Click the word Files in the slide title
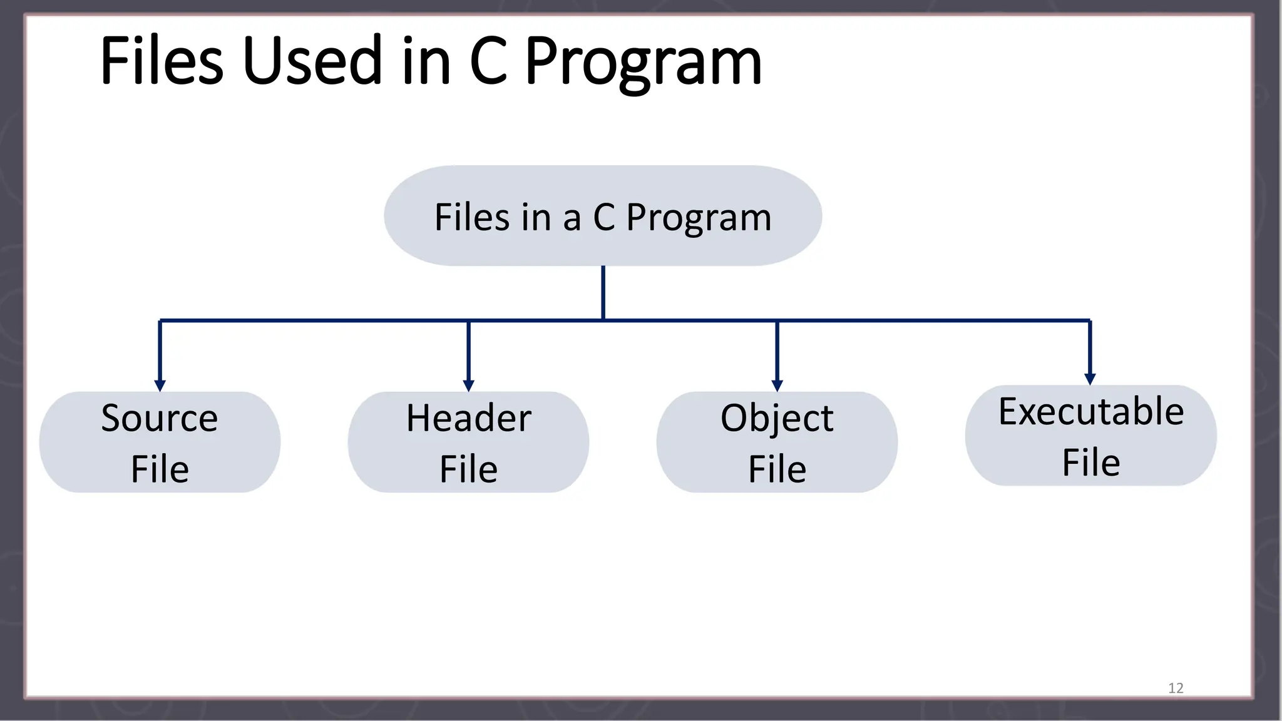pos(162,61)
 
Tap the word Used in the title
pos(312,61)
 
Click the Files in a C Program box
pos(603,216)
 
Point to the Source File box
pos(160,442)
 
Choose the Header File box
pos(468,442)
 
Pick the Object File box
pos(777,442)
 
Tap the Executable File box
pos(1090,436)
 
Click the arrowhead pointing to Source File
pos(160,385)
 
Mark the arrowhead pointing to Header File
pos(468,385)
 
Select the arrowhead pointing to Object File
pos(777,385)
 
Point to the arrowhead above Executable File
pos(1090,379)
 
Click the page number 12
pos(1176,688)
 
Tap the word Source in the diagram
pos(160,418)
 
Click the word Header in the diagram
pos(468,418)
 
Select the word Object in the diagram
pos(777,418)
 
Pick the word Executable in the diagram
pos(1090,411)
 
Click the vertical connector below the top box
pos(603,292)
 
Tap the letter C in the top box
pos(604,217)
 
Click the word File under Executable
pos(1090,463)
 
